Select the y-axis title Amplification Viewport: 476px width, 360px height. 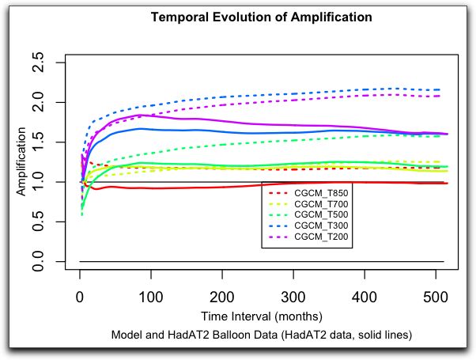21,162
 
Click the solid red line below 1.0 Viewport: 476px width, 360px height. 158,188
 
